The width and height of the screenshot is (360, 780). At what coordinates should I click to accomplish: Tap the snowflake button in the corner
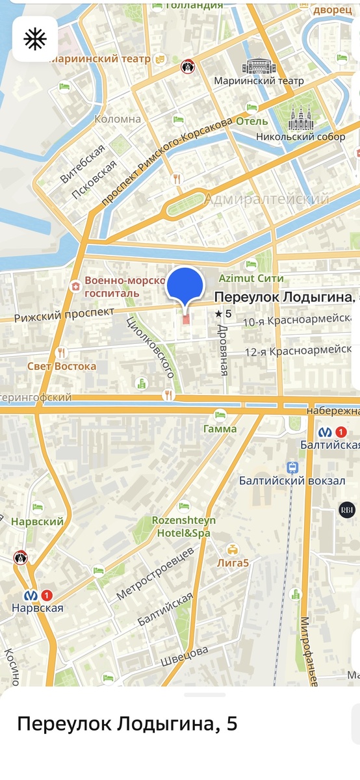pyautogui.click(x=34, y=40)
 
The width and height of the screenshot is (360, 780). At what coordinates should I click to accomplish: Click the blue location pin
pyautogui.click(x=186, y=286)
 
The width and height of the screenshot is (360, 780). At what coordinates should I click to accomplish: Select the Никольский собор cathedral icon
pyautogui.click(x=300, y=118)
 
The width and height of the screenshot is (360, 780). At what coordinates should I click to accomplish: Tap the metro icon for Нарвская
pyautogui.click(x=30, y=595)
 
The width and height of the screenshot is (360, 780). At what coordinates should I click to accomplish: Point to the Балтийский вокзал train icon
pyautogui.click(x=293, y=467)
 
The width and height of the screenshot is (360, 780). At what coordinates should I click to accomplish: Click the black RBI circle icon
pyautogui.click(x=346, y=510)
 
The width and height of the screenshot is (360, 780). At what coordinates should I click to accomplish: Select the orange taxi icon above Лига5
pyautogui.click(x=232, y=549)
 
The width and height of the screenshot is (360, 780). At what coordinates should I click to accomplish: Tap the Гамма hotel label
pyautogui.click(x=220, y=428)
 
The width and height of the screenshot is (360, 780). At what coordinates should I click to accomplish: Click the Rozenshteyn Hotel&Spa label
pyautogui.click(x=183, y=526)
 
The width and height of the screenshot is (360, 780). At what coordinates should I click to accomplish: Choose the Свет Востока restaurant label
pyautogui.click(x=62, y=366)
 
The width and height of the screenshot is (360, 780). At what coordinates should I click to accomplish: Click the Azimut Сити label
pyautogui.click(x=251, y=278)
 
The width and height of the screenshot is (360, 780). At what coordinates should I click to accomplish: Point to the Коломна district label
pyautogui.click(x=118, y=119)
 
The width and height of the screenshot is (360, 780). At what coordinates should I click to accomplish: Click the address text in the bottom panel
pyautogui.click(x=127, y=723)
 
